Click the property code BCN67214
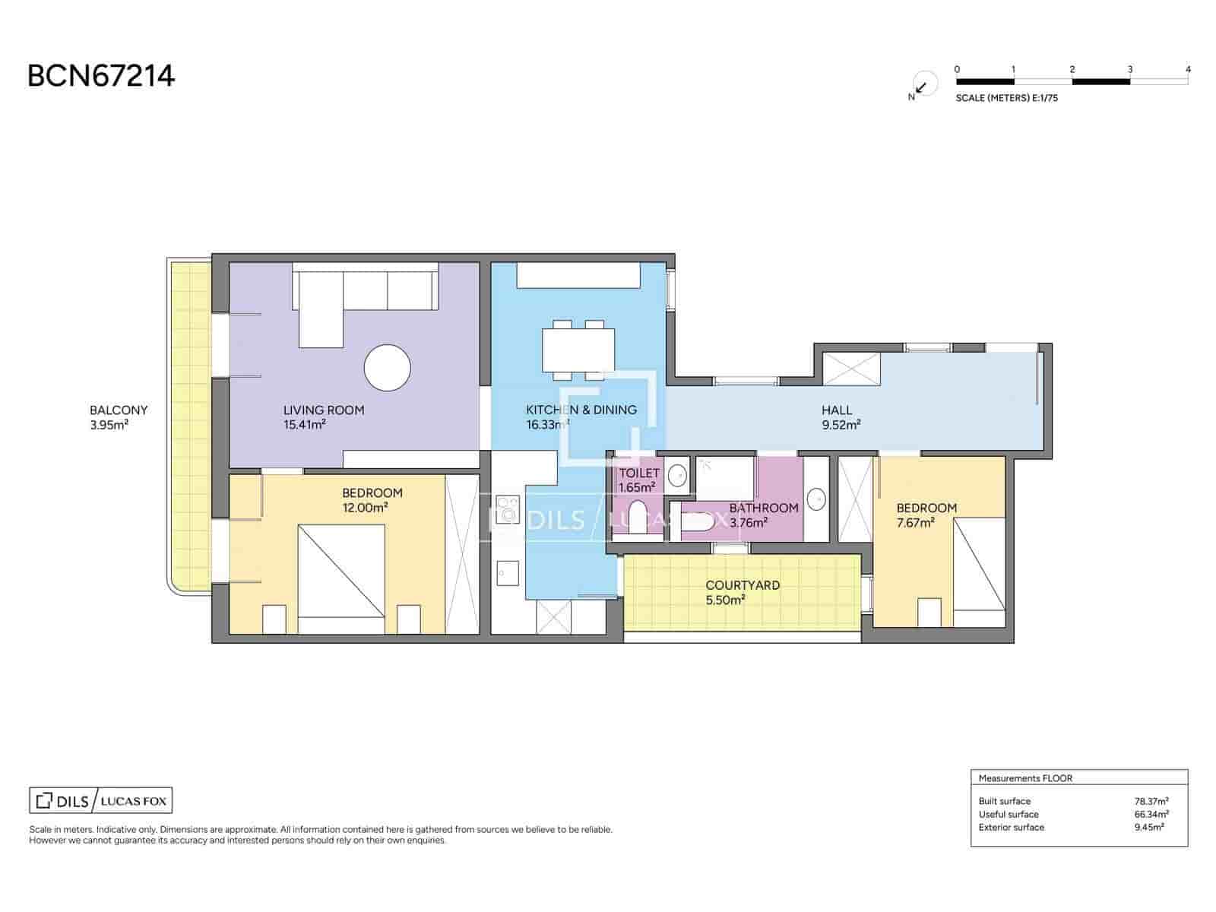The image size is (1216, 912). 101,76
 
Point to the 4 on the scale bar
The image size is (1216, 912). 1188,69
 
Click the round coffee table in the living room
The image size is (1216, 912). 387,368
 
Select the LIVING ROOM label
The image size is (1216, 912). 324,410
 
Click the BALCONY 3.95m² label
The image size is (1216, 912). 119,417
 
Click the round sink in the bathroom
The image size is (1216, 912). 815,499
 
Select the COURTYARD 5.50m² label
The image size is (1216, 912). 742,592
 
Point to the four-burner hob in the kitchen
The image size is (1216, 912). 507,509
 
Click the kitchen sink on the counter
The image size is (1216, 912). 507,573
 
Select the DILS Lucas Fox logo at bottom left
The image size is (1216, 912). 101,800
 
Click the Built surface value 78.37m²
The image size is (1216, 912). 1151,801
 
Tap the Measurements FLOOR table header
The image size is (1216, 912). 1025,778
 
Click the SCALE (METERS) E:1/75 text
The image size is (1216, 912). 1006,98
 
